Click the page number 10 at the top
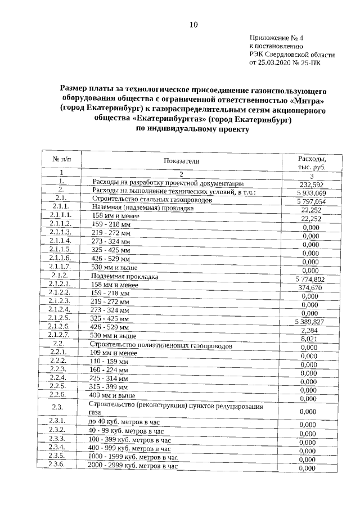click(193, 24)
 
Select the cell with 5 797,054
click(311, 201)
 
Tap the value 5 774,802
click(310, 279)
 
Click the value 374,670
click(311, 287)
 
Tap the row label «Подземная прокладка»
click(124, 277)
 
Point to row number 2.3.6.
click(58, 465)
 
